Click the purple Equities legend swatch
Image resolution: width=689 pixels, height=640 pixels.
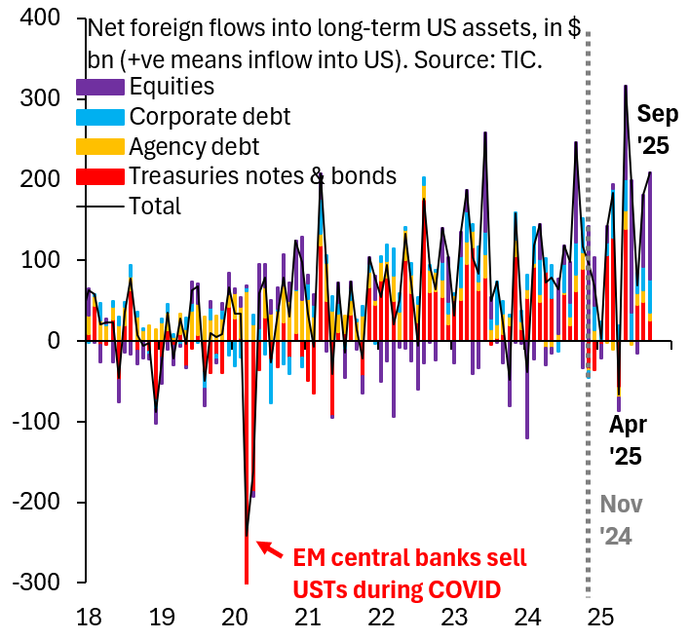[x=100, y=87]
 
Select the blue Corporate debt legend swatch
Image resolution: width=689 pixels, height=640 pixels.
[x=100, y=117]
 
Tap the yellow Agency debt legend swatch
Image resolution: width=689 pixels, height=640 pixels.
[x=100, y=147]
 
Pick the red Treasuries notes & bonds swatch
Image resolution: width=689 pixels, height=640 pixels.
[x=100, y=176]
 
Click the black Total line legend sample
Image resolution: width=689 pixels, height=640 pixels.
[x=100, y=206]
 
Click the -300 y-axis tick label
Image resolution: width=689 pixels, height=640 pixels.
[x=36, y=583]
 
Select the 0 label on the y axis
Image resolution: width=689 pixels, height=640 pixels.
[x=54, y=340]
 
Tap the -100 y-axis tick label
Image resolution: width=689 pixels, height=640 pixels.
[x=36, y=421]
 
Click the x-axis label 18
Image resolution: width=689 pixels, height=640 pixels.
[x=89, y=617]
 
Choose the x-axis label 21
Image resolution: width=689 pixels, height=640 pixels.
[x=308, y=617]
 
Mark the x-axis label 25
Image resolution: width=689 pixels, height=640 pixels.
[x=600, y=617]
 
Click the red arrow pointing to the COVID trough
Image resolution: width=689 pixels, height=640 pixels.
[x=270, y=549]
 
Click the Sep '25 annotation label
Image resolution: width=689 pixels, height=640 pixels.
[x=657, y=130]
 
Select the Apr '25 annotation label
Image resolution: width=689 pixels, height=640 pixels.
[x=628, y=440]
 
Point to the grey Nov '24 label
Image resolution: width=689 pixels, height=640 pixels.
[x=621, y=520]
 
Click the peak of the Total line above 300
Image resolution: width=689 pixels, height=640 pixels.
[x=626, y=86]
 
